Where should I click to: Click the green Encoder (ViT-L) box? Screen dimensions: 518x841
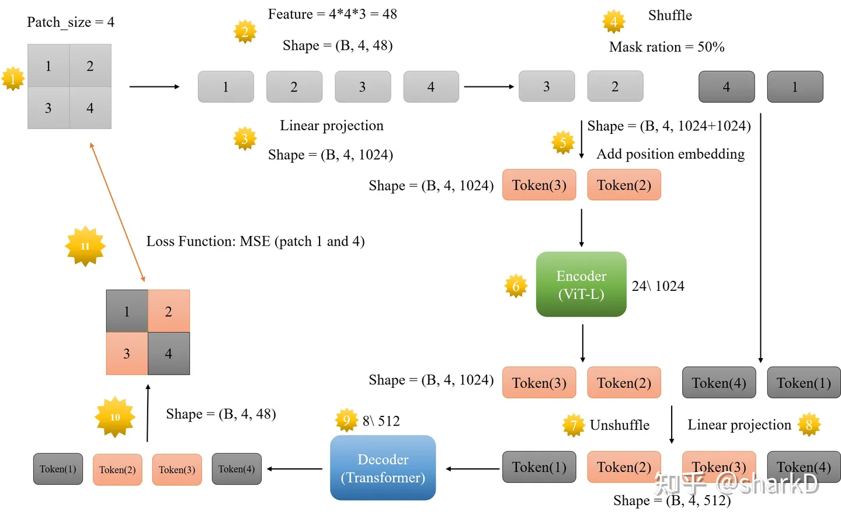point(581,284)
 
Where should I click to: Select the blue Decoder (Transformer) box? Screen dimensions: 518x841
point(383,468)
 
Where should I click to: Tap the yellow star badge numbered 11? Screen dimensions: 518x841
point(85,246)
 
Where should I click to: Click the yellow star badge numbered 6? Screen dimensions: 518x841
point(516,286)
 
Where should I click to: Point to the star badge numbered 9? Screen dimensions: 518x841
point(346,420)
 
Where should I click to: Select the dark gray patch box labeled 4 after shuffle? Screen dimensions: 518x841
point(726,87)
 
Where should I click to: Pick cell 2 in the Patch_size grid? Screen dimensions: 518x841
point(90,66)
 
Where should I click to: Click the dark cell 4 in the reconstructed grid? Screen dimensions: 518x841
point(168,353)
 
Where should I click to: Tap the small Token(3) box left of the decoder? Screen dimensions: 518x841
point(177,470)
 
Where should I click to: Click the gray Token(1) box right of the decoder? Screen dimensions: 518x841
point(539,467)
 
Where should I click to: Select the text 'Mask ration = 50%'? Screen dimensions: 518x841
point(666,47)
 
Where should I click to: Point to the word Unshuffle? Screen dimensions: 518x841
point(619,425)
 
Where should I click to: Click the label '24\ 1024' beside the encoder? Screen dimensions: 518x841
point(658,286)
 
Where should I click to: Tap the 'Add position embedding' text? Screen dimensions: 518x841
point(670,154)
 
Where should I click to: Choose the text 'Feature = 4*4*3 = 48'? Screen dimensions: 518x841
point(332,14)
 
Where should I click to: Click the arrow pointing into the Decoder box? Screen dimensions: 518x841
point(472,468)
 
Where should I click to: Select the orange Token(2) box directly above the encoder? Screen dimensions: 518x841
point(624,185)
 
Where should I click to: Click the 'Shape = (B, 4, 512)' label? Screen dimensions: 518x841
point(672,500)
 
